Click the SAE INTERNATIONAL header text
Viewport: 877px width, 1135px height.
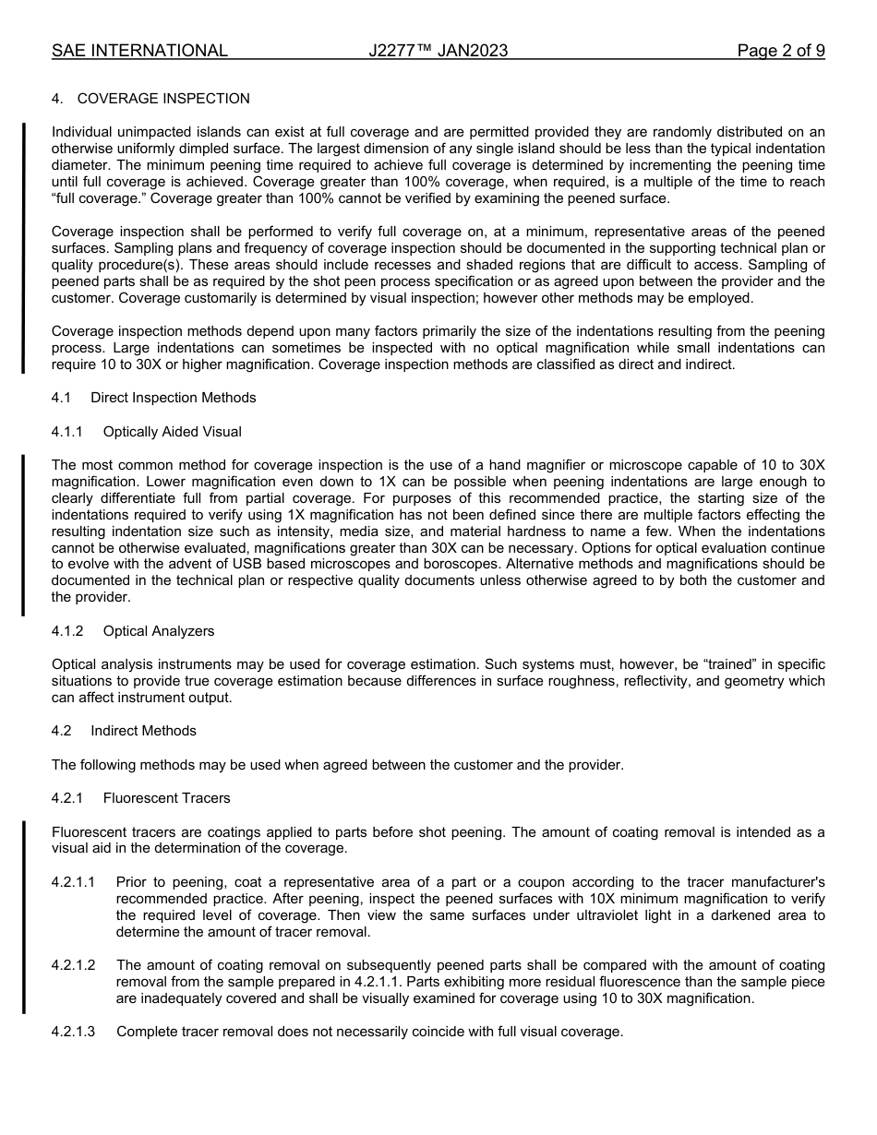click(x=139, y=51)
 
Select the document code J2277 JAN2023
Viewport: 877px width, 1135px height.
click(x=438, y=51)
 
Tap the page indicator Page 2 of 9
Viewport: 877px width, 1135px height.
click(x=780, y=51)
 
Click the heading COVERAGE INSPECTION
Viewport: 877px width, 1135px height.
click(x=163, y=99)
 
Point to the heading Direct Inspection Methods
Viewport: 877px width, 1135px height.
click(x=173, y=398)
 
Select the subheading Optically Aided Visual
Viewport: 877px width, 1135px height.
click(x=172, y=432)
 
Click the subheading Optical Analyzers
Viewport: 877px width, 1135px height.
click(x=158, y=631)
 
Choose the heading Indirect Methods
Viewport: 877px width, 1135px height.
click(x=143, y=731)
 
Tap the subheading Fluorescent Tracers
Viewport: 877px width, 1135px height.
click(x=166, y=798)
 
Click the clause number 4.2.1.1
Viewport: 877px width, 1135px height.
click(x=74, y=882)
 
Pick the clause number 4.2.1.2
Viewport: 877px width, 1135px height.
click(x=74, y=965)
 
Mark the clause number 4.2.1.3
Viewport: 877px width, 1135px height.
click(x=74, y=1032)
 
